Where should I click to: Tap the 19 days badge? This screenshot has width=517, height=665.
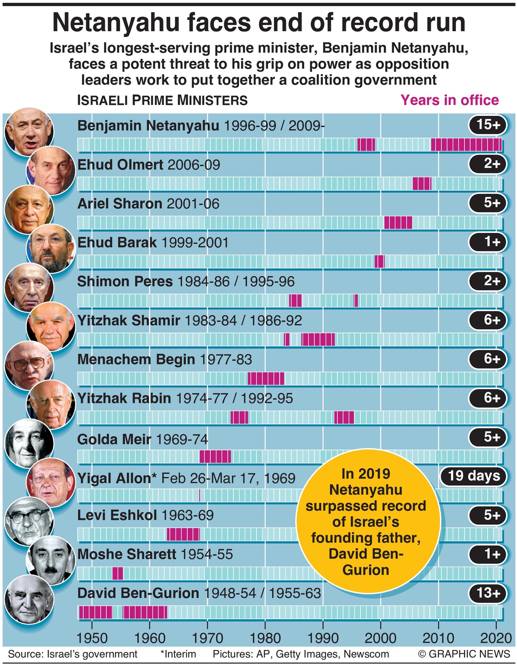[x=473, y=475]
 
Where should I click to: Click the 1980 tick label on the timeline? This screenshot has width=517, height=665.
[x=265, y=638]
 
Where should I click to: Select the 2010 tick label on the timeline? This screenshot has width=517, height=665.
[x=438, y=638]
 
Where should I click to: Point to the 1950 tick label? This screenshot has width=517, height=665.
[x=92, y=638]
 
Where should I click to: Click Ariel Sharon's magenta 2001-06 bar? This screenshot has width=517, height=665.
[x=398, y=223]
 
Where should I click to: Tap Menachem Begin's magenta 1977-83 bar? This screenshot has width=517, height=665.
[x=266, y=379]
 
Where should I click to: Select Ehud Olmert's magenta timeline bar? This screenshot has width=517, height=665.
[x=422, y=183]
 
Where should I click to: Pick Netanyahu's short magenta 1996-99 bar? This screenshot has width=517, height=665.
[x=366, y=145]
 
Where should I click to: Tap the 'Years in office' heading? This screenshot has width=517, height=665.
[x=449, y=100]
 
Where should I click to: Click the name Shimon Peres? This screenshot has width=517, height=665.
[x=125, y=281]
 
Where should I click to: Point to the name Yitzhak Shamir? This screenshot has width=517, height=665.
[x=129, y=320]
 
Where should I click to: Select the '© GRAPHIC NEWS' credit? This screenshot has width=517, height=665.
[x=464, y=654]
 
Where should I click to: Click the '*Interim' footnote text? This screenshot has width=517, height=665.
[x=178, y=654]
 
